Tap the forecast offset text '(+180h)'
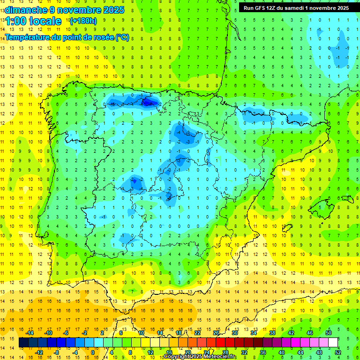tap(83, 21)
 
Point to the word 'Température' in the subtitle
tap(28, 37)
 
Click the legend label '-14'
tap(30, 333)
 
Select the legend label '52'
tap(338, 352)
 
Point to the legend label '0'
tap(92, 352)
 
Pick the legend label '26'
tap(216, 333)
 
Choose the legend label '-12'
tap(39, 352)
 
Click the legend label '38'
tap(272, 333)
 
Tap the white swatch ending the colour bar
tap(333, 343)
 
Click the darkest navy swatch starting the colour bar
tap(23, 343)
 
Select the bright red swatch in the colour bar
tap(220, 343)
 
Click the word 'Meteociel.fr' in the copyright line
tap(221, 357)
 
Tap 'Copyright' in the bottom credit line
tap(177, 357)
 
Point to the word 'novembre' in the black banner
tap(322, 8)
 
